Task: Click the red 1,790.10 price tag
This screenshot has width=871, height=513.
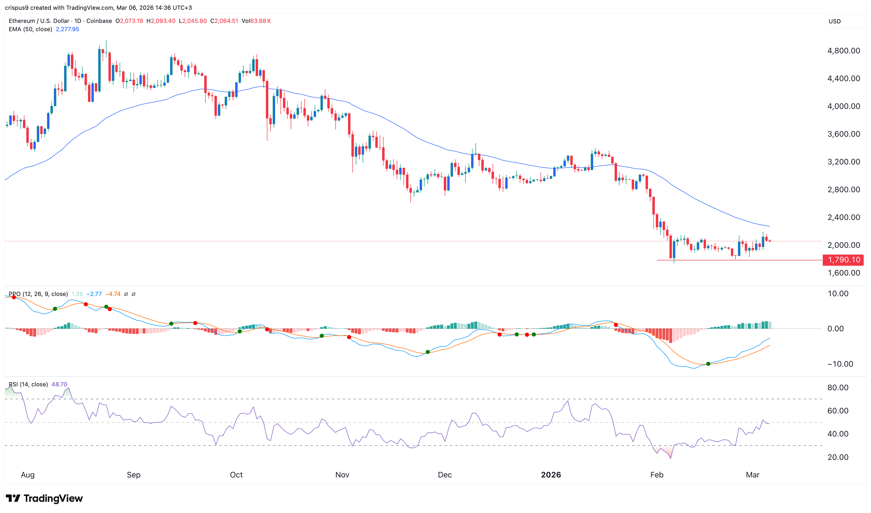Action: tap(843, 260)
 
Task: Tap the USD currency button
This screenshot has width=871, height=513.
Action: tap(834, 21)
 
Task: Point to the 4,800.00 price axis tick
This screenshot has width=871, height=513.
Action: tap(843, 51)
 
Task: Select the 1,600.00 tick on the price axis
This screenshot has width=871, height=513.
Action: tap(843, 273)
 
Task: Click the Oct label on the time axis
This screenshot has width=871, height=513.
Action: tap(236, 475)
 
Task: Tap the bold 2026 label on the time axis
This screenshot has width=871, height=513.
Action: tap(551, 475)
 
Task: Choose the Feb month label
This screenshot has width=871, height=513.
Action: tap(657, 475)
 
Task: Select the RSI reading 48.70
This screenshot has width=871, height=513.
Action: tap(59, 384)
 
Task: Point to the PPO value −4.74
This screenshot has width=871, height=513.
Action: tap(113, 294)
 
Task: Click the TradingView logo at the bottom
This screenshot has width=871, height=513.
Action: tap(44, 498)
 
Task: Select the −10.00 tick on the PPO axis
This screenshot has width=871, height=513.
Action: tap(840, 364)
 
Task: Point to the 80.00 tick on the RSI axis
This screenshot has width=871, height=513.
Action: tap(837, 388)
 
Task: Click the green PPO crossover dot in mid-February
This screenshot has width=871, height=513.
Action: tap(708, 364)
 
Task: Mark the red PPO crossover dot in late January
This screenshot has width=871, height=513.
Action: tap(616, 325)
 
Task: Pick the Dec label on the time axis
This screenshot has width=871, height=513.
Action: tap(445, 475)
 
